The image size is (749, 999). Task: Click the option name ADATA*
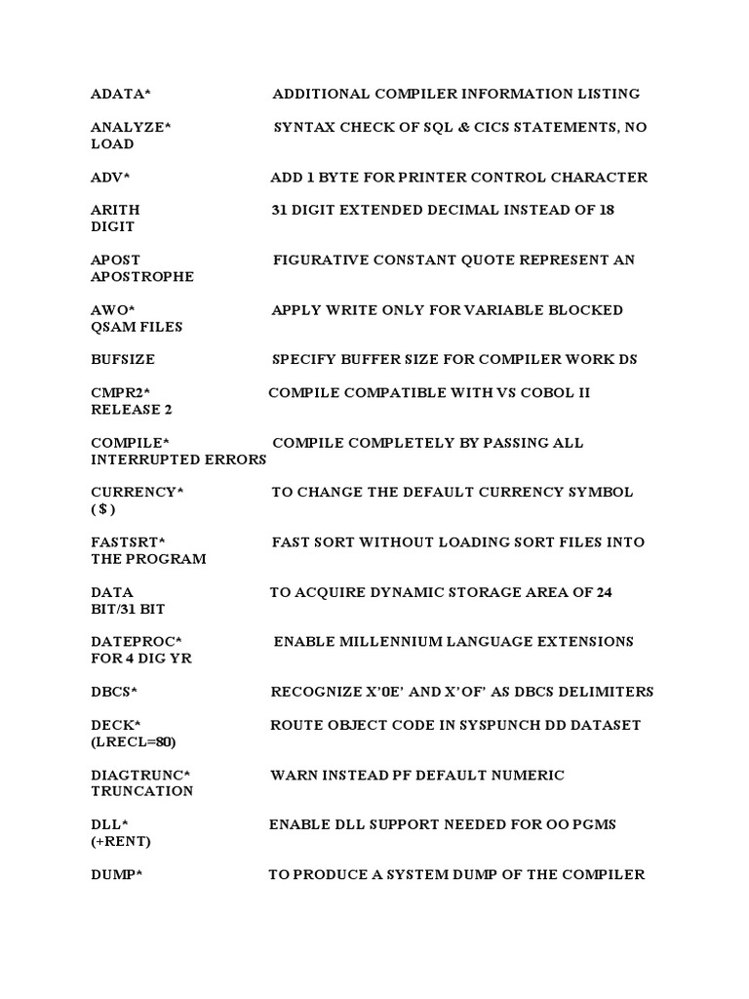121,94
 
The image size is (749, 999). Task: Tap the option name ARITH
115,210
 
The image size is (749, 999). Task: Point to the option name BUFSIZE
123,359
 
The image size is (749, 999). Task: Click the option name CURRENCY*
137,492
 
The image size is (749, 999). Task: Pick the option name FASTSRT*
129,541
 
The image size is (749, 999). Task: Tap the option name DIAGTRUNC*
140,775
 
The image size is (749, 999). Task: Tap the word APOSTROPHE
142,276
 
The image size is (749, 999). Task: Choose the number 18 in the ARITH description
606,210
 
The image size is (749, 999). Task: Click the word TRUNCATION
142,791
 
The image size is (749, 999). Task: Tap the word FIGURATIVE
323,260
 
